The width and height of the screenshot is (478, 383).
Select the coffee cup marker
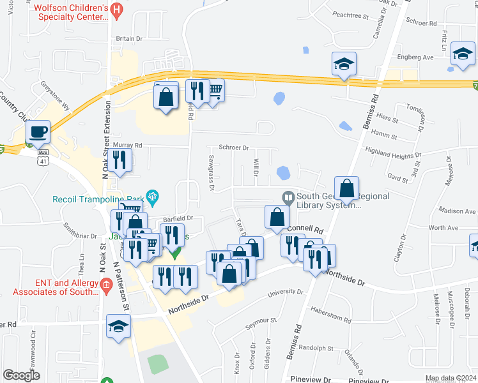point(38,131)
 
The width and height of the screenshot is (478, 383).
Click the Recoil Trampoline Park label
point(98,198)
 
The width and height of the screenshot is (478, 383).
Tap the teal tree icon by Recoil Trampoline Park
point(152,195)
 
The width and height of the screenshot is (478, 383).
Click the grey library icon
point(288,196)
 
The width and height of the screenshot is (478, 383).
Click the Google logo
point(22,375)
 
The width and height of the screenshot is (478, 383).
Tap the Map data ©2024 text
point(450,379)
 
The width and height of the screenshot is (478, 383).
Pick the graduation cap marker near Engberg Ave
point(462,54)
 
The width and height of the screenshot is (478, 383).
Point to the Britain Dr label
point(128,38)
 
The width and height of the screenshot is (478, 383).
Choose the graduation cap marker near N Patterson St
point(118,327)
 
